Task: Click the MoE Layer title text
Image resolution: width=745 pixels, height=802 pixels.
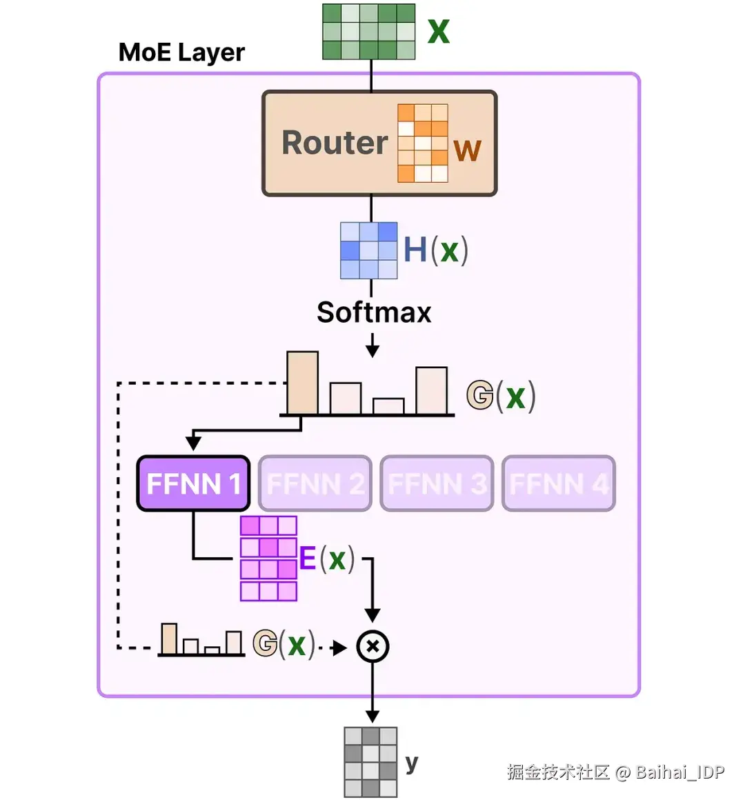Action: click(x=181, y=52)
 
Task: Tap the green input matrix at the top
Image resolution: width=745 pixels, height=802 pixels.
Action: click(x=369, y=32)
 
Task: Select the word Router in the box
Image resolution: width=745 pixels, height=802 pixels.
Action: click(x=335, y=143)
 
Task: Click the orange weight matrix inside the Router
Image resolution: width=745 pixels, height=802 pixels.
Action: click(x=422, y=143)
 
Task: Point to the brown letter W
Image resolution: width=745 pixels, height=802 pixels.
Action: click(x=467, y=150)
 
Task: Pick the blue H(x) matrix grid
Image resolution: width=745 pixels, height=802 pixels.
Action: click(x=369, y=250)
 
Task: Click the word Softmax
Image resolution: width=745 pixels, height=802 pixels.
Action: click(x=374, y=312)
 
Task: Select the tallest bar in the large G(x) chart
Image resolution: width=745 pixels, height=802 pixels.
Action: click(x=302, y=383)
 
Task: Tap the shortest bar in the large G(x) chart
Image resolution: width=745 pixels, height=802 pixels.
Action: click(x=388, y=406)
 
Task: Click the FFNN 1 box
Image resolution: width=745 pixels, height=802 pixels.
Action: click(x=193, y=483)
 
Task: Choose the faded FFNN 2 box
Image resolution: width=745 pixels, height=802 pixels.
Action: click(x=315, y=483)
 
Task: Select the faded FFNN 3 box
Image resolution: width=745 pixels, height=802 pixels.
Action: click(x=437, y=483)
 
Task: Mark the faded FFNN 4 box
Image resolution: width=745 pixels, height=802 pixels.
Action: click(x=559, y=483)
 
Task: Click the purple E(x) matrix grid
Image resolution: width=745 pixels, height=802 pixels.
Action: click(x=268, y=559)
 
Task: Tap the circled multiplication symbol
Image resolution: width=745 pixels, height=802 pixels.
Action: click(x=372, y=646)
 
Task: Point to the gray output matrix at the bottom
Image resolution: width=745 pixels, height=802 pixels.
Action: click(x=370, y=762)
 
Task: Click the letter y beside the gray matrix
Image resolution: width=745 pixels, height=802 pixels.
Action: click(x=412, y=763)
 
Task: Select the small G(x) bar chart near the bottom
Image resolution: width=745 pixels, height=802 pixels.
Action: click(x=201, y=640)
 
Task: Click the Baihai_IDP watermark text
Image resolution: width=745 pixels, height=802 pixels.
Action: click(x=680, y=772)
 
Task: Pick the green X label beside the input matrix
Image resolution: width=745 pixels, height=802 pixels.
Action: click(x=439, y=32)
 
